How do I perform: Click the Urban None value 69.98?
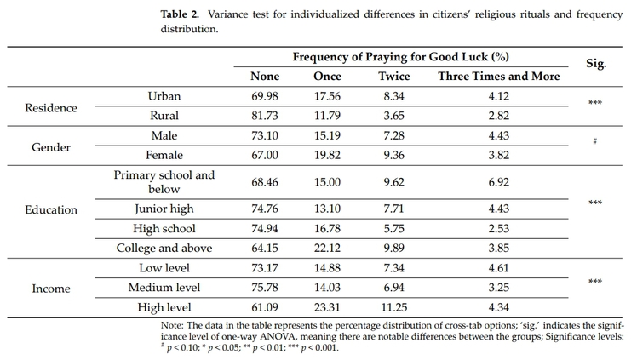pyautogui.click(x=265, y=96)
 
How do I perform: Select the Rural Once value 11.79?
pyautogui.click(x=328, y=116)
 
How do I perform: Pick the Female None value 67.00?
pyautogui.click(x=265, y=155)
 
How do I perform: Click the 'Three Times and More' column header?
pyautogui.click(x=499, y=77)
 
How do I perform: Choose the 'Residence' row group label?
pyautogui.click(x=50, y=108)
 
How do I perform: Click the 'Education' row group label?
pyautogui.click(x=50, y=209)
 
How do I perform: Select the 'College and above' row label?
pyautogui.click(x=164, y=249)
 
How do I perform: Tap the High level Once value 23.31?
pyautogui.click(x=328, y=307)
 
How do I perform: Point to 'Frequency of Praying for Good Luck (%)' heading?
pyautogui.click(x=401, y=57)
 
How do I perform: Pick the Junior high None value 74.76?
pyautogui.click(x=265, y=209)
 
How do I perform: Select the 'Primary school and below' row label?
pyautogui.click(x=164, y=182)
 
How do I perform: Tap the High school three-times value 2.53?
pyautogui.click(x=499, y=229)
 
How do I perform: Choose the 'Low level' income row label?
pyautogui.click(x=164, y=268)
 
